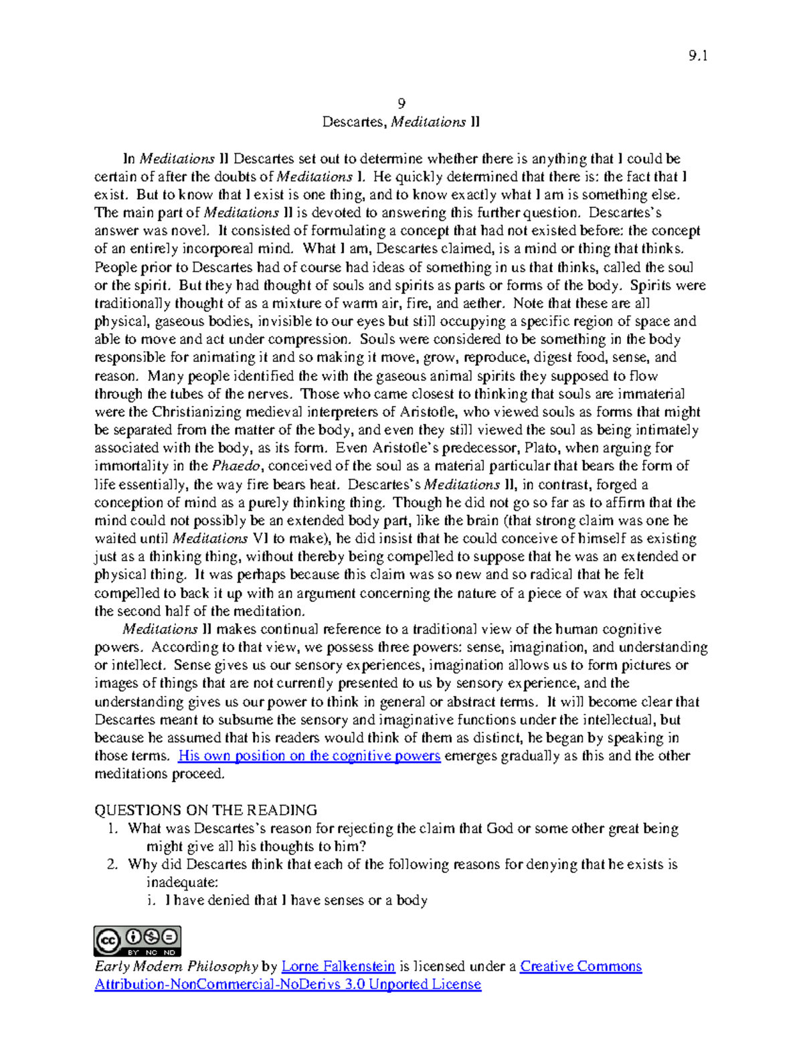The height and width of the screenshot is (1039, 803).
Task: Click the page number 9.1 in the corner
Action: point(697,56)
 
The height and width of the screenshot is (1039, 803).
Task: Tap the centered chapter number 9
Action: point(401,103)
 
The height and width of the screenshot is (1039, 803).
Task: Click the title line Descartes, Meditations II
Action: point(401,122)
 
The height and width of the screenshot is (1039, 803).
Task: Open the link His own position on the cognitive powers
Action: point(308,756)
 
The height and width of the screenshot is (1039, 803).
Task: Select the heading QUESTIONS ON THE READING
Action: point(205,810)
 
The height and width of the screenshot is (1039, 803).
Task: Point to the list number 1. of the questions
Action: point(112,828)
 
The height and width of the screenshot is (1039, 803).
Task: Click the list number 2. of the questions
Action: point(112,864)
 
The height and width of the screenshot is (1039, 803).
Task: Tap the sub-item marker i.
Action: point(151,901)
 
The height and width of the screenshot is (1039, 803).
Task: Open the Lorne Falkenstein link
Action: point(338,966)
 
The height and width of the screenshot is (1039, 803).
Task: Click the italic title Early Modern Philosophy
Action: point(176,966)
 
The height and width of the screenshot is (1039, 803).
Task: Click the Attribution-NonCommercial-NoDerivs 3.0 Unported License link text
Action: point(288,984)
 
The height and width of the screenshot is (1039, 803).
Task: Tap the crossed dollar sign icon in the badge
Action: point(151,936)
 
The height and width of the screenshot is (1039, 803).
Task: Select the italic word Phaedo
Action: point(230,466)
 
